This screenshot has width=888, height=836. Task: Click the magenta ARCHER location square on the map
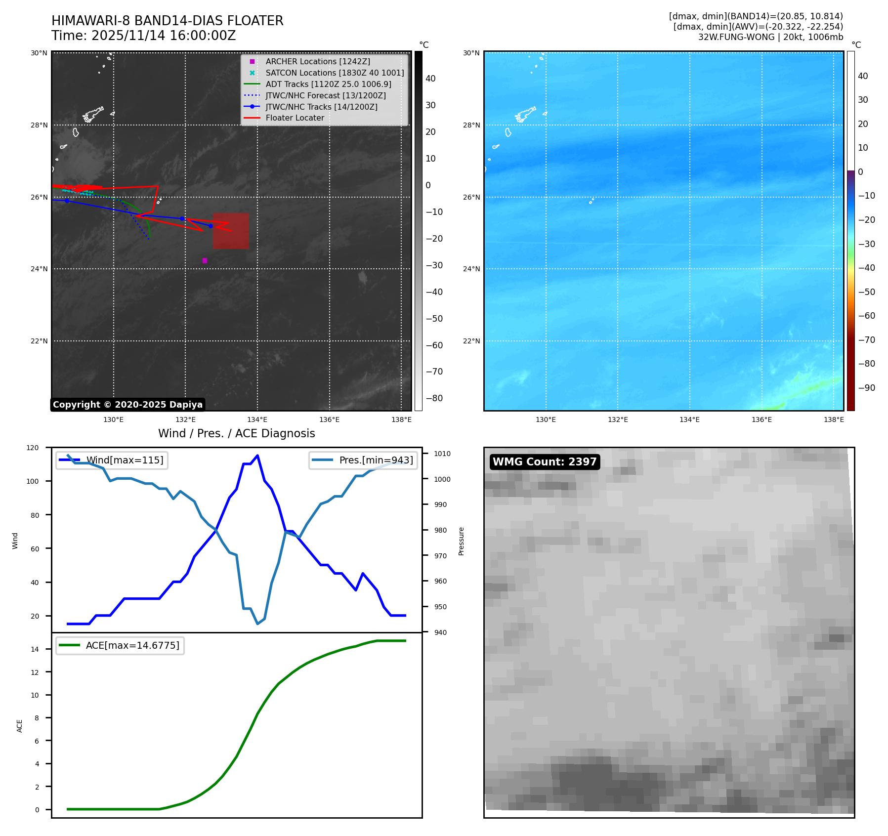coord(205,260)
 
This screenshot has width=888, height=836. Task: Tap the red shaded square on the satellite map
coord(231,231)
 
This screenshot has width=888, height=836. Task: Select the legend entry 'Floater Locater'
coord(295,118)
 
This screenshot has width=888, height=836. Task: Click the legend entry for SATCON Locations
coord(335,73)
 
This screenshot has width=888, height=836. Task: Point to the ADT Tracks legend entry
coord(328,84)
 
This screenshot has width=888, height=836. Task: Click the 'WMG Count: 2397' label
coord(545,462)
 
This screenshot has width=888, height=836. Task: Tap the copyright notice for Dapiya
coord(127,405)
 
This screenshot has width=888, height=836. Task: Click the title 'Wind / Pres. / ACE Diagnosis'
coord(236,433)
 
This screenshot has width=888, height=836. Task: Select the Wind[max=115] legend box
coord(112,460)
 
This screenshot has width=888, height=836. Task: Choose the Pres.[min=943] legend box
coord(363,460)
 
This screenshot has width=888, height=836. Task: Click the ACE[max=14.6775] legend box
coord(120,645)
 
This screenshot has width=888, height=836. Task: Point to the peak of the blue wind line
coord(257,456)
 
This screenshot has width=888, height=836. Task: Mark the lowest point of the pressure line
coord(257,624)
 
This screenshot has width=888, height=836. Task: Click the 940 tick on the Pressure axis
coord(440,632)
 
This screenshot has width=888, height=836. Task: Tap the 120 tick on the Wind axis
coord(32,448)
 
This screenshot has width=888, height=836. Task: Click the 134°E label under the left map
coord(257,419)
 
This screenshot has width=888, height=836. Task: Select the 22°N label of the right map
coord(471,341)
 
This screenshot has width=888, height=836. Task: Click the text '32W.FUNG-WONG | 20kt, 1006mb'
coord(770,37)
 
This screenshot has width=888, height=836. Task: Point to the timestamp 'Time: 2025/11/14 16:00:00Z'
coord(143,36)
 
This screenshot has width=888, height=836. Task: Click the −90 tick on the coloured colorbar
coord(866,387)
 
